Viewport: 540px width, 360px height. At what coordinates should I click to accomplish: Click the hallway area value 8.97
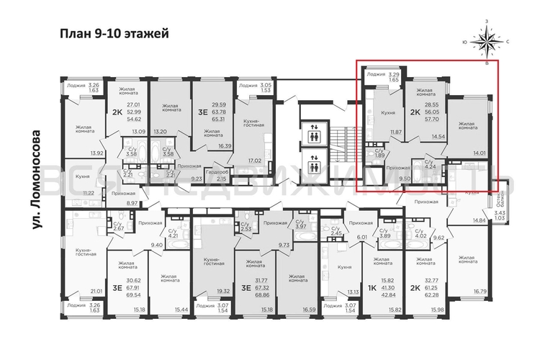pos(132,204)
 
